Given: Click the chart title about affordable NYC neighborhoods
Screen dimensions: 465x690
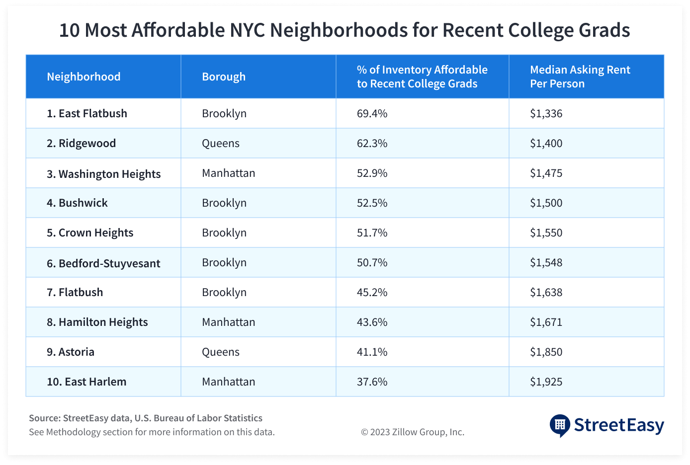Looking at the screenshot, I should [345, 31].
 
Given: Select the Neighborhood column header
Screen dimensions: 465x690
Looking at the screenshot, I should [84, 77].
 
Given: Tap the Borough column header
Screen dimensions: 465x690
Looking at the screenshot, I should [224, 77].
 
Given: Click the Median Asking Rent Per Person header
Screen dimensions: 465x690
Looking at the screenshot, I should [580, 77].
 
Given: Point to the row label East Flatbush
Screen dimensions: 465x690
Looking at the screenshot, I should [87, 113].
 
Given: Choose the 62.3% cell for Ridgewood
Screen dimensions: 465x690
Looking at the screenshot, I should [372, 143].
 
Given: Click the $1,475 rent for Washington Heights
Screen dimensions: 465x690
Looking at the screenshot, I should [546, 173].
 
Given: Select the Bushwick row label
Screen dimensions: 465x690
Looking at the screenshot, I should [77, 203].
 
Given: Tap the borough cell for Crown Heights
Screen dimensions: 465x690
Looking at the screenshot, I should [224, 232].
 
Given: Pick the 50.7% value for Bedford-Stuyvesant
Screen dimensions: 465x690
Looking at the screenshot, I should [372, 262].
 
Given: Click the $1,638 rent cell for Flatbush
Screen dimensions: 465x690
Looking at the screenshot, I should [546, 292].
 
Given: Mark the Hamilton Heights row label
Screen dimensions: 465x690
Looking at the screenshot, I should [97, 322].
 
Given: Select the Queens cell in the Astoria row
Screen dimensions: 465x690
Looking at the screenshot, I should [221, 352].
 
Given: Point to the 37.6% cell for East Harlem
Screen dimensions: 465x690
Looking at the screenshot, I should [372, 382].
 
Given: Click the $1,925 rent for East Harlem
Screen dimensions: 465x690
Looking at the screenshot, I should [546, 382].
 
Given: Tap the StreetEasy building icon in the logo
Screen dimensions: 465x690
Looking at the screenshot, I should [560, 425].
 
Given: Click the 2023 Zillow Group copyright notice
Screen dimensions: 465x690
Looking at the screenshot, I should [413, 432].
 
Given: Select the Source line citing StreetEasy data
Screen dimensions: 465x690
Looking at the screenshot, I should [146, 418].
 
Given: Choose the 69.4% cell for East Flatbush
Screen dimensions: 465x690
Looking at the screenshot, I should [372, 113].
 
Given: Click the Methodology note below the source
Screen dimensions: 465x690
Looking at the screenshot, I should [152, 432].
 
